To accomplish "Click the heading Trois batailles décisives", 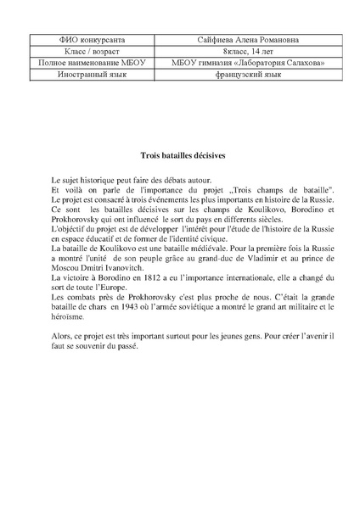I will [180, 156].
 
